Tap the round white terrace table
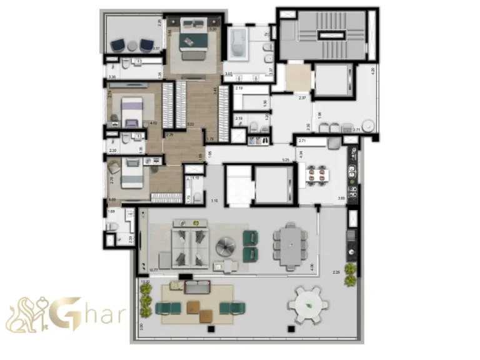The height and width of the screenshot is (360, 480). pyautogui.click(x=307, y=306)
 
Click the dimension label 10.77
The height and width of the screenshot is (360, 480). pyautogui.click(x=153, y=271)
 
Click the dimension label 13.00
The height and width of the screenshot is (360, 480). pyautogui.click(x=145, y=282)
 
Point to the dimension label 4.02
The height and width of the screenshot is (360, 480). pyautogui.click(x=153, y=122)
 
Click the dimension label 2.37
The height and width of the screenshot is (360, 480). pyautogui.click(x=302, y=97)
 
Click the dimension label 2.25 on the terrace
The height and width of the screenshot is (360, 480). pyautogui.click(x=336, y=272)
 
